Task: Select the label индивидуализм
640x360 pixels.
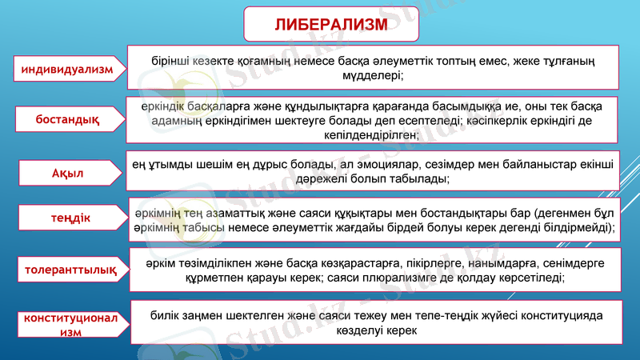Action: click(67, 70)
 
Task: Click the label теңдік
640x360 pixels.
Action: click(68, 218)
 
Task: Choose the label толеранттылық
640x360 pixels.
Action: click(67, 270)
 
